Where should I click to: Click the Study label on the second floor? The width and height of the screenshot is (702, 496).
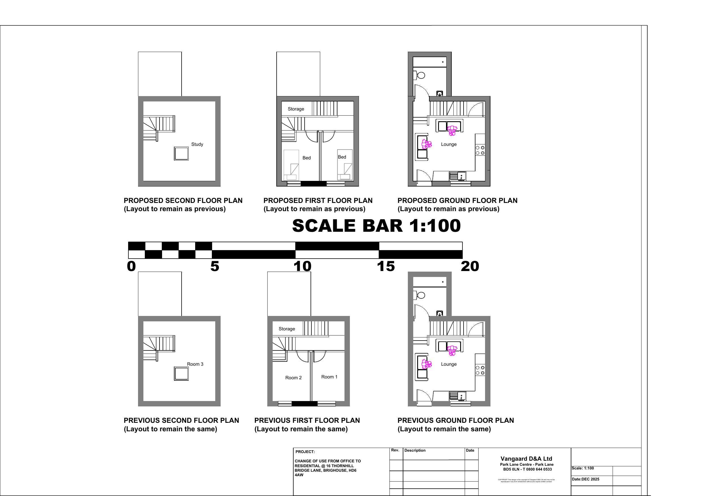tap(197, 144)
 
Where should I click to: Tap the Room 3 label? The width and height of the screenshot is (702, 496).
tap(195, 364)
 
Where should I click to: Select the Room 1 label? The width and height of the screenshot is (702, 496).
tap(329, 377)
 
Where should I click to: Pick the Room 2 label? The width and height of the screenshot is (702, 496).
tap(293, 378)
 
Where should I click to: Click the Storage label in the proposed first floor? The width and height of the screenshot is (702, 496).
tap(296, 109)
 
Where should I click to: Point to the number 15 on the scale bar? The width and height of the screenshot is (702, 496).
tap(386, 266)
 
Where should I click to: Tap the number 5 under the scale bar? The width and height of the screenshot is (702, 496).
tap(215, 266)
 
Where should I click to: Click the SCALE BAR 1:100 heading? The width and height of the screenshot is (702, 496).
tap(376, 226)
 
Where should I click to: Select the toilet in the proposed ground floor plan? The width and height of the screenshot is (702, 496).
tap(419, 75)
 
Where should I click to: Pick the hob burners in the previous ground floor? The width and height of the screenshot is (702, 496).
tap(480, 370)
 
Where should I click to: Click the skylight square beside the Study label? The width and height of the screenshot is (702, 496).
tap(181, 153)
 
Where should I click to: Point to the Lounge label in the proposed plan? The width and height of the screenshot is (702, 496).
tap(449, 144)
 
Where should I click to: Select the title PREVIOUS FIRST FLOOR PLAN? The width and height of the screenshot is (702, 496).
tap(307, 420)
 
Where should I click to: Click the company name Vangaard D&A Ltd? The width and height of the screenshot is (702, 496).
tap(526, 458)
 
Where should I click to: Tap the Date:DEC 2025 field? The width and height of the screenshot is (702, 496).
tap(585, 479)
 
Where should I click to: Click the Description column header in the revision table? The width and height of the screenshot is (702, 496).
tap(415, 450)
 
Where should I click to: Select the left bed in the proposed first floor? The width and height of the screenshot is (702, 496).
tap(291, 165)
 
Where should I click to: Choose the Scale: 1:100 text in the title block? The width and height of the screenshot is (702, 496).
tap(582, 468)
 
